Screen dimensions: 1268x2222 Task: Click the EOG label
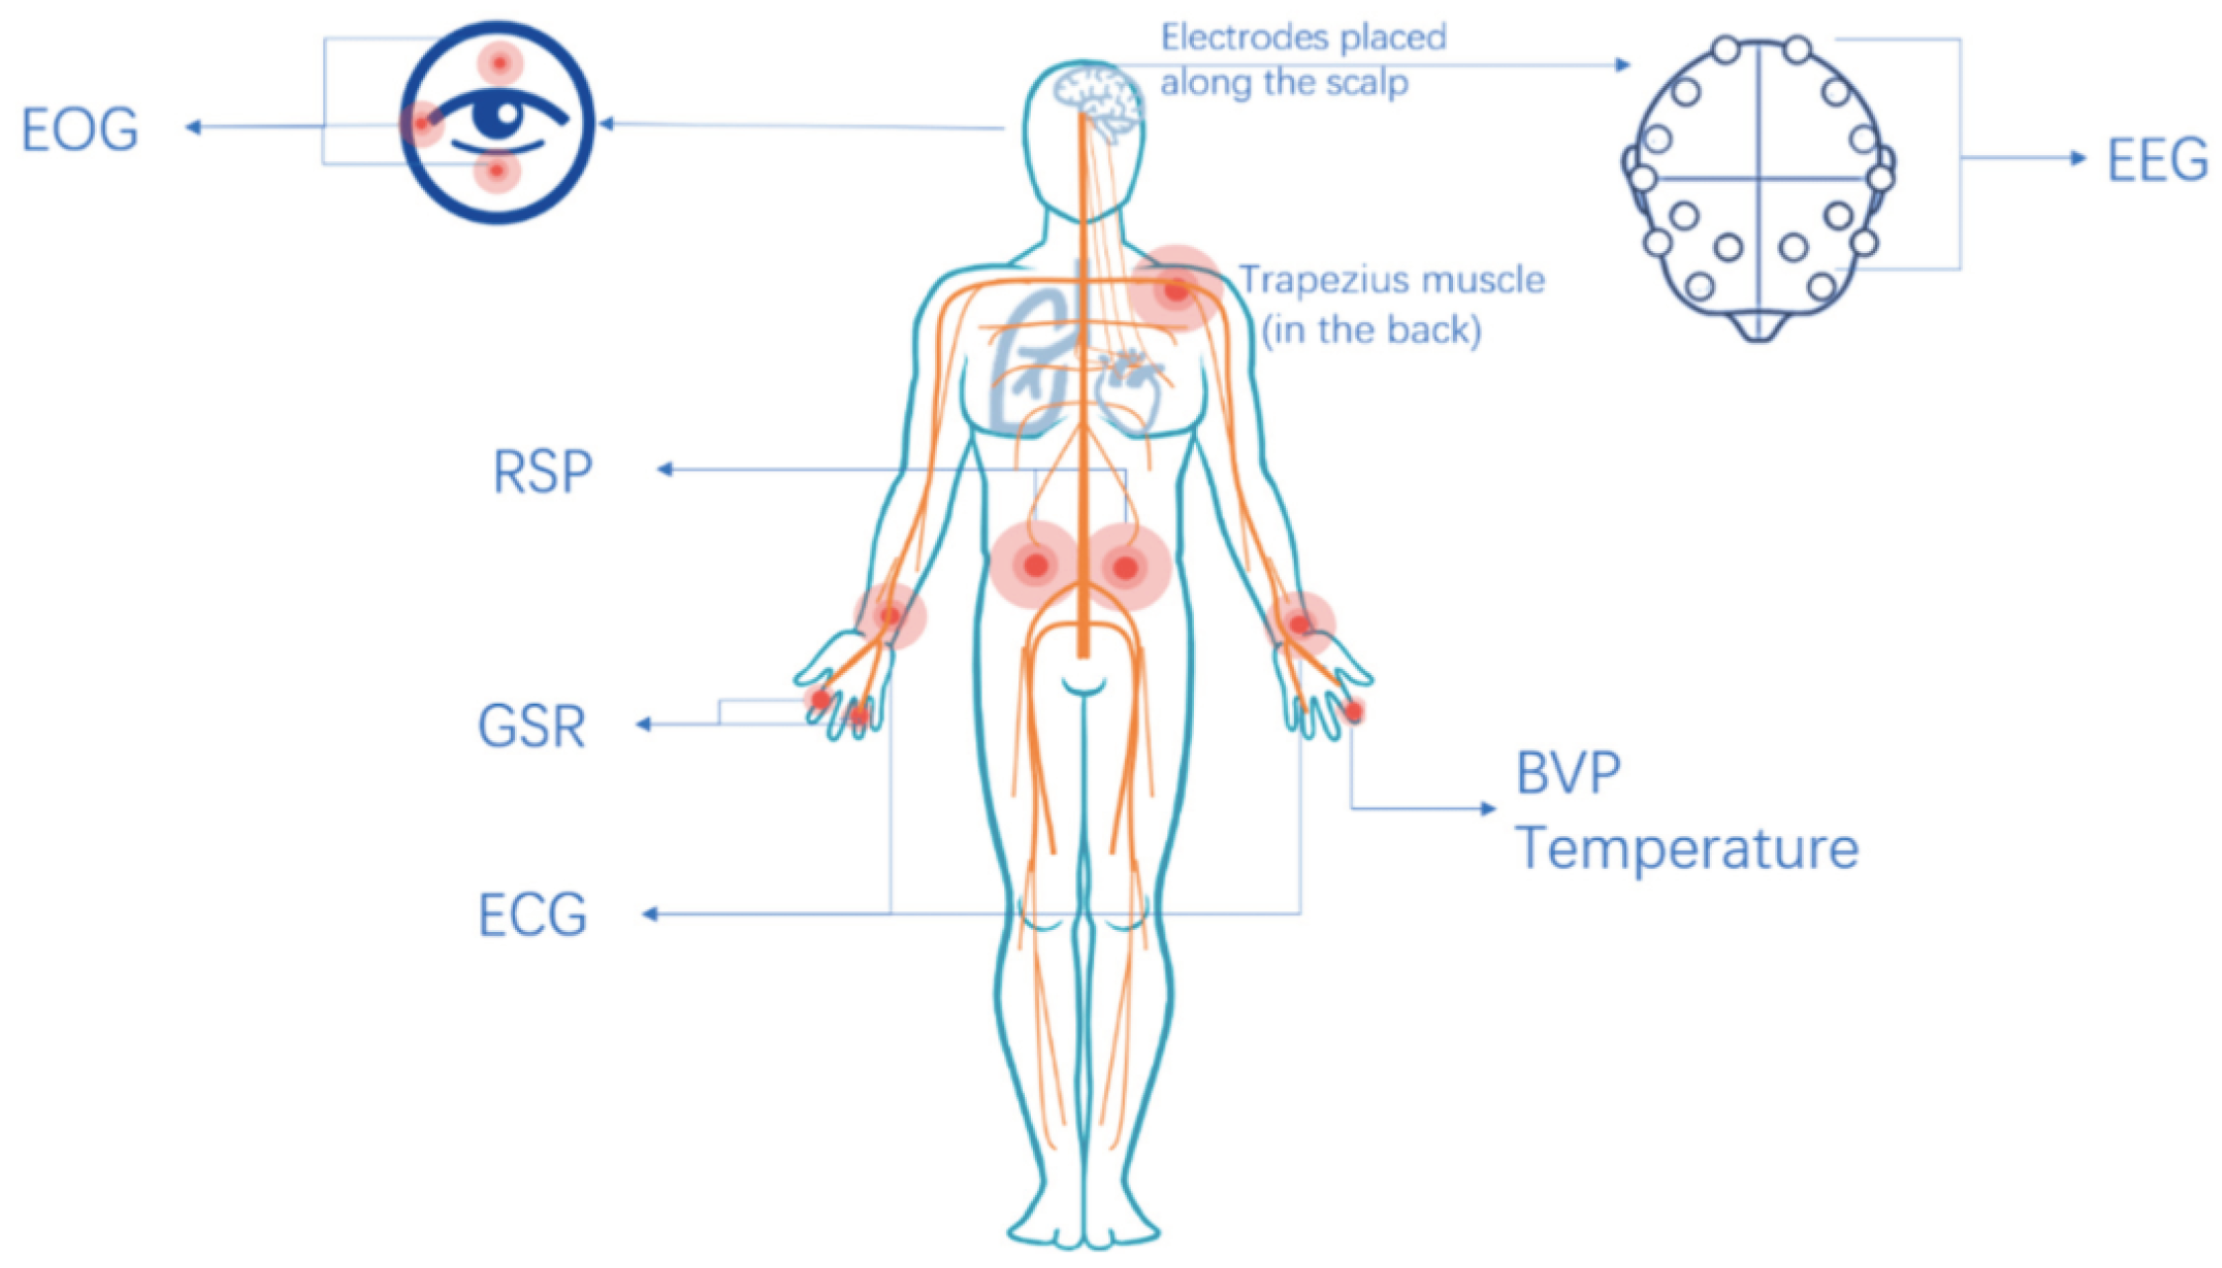pyautogui.click(x=80, y=129)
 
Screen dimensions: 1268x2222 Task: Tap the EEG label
pyautogui.click(x=2157, y=160)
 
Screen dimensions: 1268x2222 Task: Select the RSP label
pyautogui.click(x=543, y=471)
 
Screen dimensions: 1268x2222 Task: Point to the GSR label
pyautogui.click(x=532, y=726)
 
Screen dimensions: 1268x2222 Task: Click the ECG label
pyautogui.click(x=533, y=914)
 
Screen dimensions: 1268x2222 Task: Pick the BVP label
pyautogui.click(x=1568, y=773)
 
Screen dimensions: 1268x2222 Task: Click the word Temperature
pyautogui.click(x=1686, y=848)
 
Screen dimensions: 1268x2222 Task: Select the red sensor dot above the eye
pyautogui.click(x=500, y=64)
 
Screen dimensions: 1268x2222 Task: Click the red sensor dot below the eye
pyautogui.click(x=497, y=173)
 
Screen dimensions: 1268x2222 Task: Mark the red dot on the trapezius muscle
pyautogui.click(x=1175, y=291)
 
